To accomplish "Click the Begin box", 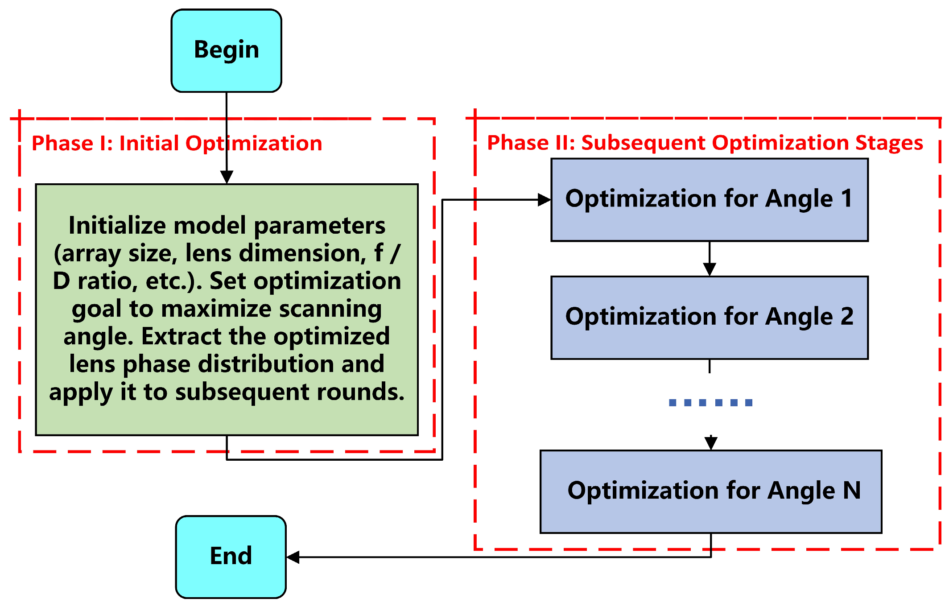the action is (226, 51).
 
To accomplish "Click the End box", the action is (231, 557).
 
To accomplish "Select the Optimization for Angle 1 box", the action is (710, 200).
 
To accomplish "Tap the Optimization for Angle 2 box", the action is (710, 318).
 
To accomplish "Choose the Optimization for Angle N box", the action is (711, 491).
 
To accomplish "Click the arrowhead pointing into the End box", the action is (293, 557).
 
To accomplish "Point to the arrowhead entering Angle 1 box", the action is (544, 200).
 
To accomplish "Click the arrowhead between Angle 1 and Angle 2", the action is (710, 269).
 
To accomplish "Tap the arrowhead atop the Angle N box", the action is (711, 443).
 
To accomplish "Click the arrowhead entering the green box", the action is (227, 177).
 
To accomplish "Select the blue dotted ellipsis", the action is (711, 403).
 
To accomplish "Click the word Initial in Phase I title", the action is (149, 144).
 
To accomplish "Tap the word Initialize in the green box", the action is (118, 225).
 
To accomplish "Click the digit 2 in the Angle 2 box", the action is (847, 317).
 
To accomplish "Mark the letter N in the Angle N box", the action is (852, 490).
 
